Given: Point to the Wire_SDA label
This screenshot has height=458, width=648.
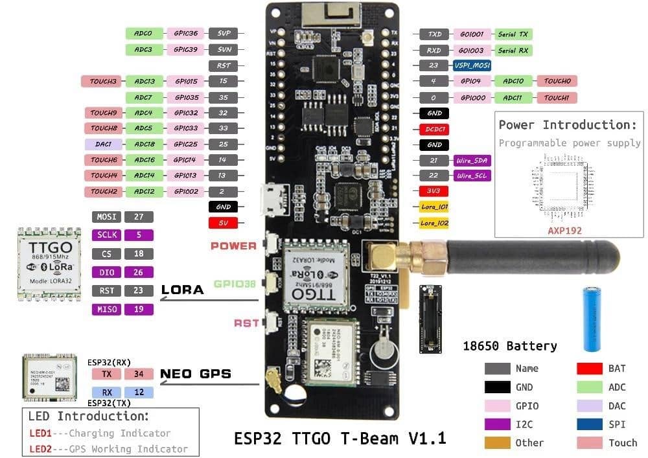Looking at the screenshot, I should (x=473, y=160).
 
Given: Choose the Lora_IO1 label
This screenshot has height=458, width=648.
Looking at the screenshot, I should (x=434, y=207).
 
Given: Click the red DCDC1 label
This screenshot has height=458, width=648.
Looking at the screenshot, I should (x=434, y=129).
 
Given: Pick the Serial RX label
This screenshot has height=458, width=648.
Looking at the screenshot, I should (x=514, y=50).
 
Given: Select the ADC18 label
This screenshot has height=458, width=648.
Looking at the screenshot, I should (x=144, y=144).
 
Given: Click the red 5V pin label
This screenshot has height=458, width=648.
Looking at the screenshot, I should (x=223, y=223).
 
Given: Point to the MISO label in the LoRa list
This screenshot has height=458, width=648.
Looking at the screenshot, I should (x=106, y=309).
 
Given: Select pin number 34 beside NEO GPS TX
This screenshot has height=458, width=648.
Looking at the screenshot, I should (x=138, y=374).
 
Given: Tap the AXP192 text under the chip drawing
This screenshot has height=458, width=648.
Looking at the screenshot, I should (x=565, y=230).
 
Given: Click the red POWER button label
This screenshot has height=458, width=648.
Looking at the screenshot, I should (x=233, y=246).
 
